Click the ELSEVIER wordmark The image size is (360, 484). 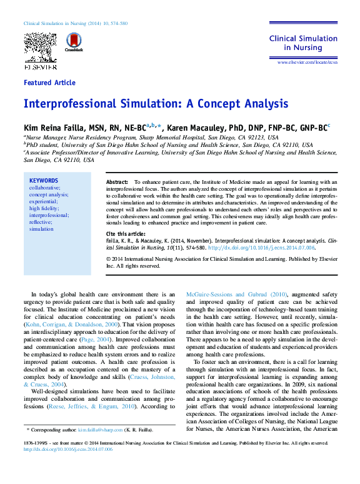40,66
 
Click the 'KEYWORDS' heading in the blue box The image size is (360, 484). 43,181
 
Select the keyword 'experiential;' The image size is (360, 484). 46,201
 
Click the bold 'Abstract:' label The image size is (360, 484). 117,181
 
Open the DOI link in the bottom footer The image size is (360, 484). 68,448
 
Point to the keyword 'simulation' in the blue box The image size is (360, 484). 42,229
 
